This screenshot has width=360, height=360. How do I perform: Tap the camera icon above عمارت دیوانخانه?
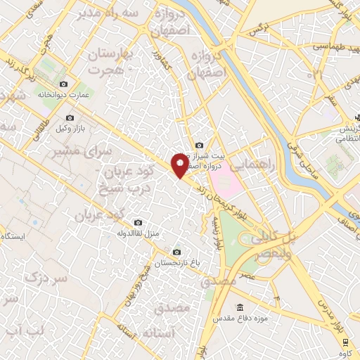pos(64,84)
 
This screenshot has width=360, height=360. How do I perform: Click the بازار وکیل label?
pos(70,130)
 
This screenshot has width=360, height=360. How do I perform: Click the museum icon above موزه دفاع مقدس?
pos(240,307)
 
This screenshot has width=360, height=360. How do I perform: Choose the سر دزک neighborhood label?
pos(46,278)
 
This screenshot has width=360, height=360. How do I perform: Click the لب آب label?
pos(25,330)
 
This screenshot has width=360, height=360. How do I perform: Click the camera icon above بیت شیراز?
pos(199,145)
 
